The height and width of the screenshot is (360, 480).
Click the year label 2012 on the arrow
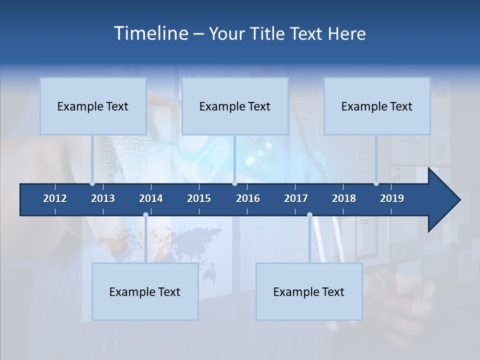pos(55,198)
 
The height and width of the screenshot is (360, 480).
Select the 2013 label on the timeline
pos(103,198)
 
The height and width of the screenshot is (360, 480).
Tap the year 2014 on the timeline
pos(151,198)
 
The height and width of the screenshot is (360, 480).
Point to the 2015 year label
pos(199,198)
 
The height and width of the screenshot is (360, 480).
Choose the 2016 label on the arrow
pos(248,198)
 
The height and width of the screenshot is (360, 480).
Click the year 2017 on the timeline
pos(296,198)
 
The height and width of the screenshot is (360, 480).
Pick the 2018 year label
pos(344,198)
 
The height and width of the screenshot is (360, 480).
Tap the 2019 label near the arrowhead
pos(392,198)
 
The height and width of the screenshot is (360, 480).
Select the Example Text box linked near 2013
pos(93,106)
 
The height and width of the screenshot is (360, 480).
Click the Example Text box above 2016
pos(235,106)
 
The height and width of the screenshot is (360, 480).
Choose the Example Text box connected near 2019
pos(377,106)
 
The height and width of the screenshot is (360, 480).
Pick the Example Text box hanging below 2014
pos(145,291)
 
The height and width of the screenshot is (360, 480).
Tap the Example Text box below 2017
pos(309,291)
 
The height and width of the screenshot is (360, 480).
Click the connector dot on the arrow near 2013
pos(92,183)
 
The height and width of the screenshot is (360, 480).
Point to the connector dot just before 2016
pos(235,183)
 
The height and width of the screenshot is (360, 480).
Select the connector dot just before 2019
pos(376,183)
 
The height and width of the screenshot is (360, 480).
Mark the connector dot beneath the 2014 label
pos(145,215)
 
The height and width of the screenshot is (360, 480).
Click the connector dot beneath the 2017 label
pos(309,215)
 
